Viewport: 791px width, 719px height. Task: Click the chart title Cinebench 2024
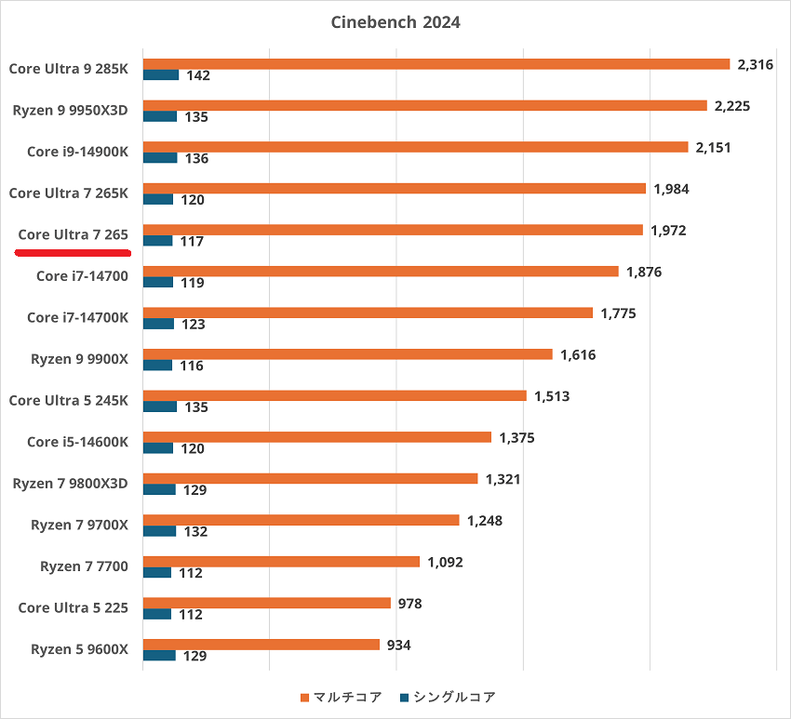395,22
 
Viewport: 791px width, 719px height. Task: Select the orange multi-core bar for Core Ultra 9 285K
436,64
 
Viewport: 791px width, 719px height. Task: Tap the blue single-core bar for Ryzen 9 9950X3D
160,116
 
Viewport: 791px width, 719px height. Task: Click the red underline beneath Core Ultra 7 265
74,251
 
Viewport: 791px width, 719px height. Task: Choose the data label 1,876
644,272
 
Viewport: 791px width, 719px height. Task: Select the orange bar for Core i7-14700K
368,313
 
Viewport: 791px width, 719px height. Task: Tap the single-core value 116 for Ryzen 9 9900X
192,366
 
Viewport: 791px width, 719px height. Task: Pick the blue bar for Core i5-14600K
158,447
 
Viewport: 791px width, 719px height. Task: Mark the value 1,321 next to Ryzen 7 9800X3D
503,479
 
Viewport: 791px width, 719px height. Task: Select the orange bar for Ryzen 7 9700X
301,520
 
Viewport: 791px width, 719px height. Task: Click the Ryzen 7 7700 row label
84,566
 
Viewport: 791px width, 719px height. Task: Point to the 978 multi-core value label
409,604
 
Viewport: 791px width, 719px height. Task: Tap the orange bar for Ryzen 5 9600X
261,645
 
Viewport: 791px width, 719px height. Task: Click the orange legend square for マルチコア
304,697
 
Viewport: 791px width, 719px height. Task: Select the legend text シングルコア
455,697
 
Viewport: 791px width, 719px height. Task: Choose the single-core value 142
198,75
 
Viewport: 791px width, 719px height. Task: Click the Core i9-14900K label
77,152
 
